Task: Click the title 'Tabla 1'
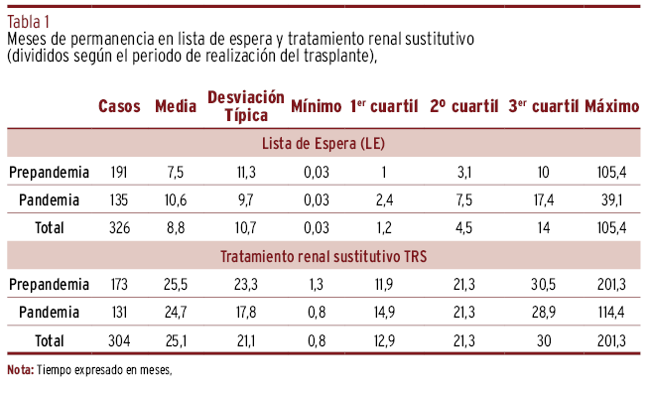pyautogui.click(x=28, y=22)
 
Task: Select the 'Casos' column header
pyautogui.click(x=119, y=106)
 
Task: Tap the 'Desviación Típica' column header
pyautogui.click(x=246, y=106)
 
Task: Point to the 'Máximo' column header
pyautogui.click(x=612, y=106)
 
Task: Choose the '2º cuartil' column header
pyautogui.click(x=463, y=106)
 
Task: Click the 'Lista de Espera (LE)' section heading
pyautogui.click(x=324, y=144)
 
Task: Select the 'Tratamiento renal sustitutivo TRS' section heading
pyautogui.click(x=324, y=256)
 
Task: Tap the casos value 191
pyautogui.click(x=119, y=172)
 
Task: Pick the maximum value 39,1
pyautogui.click(x=612, y=199)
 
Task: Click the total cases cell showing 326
pyautogui.click(x=119, y=227)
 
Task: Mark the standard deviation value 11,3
pyautogui.click(x=246, y=172)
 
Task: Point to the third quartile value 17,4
pyautogui.click(x=544, y=199)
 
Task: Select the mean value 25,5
pyautogui.click(x=176, y=285)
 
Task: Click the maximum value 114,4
pyautogui.click(x=612, y=313)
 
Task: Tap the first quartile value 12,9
pyautogui.click(x=384, y=340)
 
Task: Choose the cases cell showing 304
pyautogui.click(x=119, y=340)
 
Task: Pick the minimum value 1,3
pyautogui.click(x=317, y=285)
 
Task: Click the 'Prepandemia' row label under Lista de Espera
pyautogui.click(x=49, y=172)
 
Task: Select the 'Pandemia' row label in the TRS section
pyautogui.click(x=49, y=313)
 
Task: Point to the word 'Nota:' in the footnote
pyautogui.click(x=20, y=370)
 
